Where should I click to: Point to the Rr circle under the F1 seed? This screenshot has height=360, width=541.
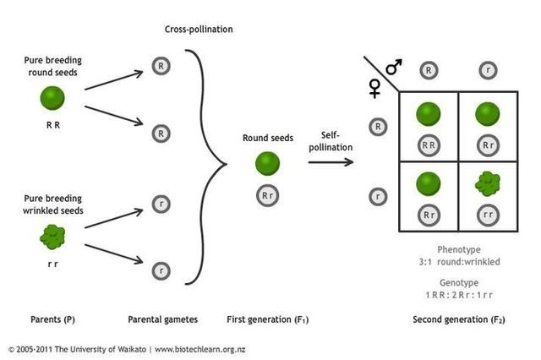click(267, 196)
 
